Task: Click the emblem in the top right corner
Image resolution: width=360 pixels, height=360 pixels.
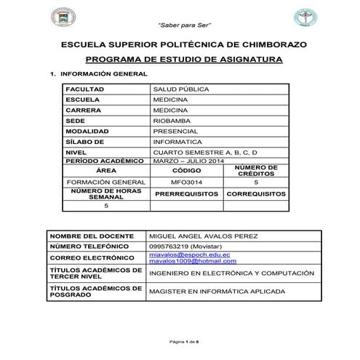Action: tap(300, 17)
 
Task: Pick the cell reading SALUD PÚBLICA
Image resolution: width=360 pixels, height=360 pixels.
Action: tap(179, 89)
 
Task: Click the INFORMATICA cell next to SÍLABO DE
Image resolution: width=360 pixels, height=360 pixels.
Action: tap(177, 142)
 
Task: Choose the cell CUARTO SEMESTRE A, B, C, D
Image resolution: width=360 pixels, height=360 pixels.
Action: tap(206, 153)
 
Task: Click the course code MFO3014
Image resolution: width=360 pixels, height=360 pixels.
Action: tap(185, 183)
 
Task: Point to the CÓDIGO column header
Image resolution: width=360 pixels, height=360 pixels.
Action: tap(185, 171)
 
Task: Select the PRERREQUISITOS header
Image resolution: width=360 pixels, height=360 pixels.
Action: tap(186, 195)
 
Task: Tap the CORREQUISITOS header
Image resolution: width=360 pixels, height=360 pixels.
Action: tap(256, 195)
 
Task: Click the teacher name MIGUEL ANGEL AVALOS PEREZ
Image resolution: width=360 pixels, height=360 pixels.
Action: tap(202, 236)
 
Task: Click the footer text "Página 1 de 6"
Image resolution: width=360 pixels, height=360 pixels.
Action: tap(180, 341)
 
